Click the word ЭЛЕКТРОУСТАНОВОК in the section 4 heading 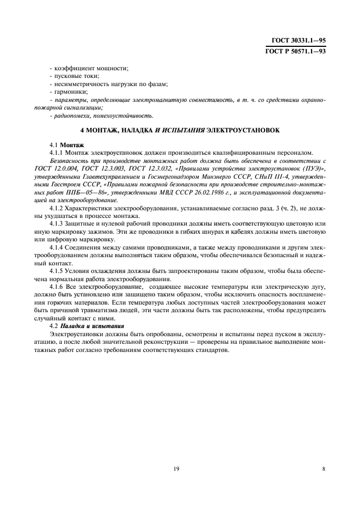(x=242, y=131)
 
